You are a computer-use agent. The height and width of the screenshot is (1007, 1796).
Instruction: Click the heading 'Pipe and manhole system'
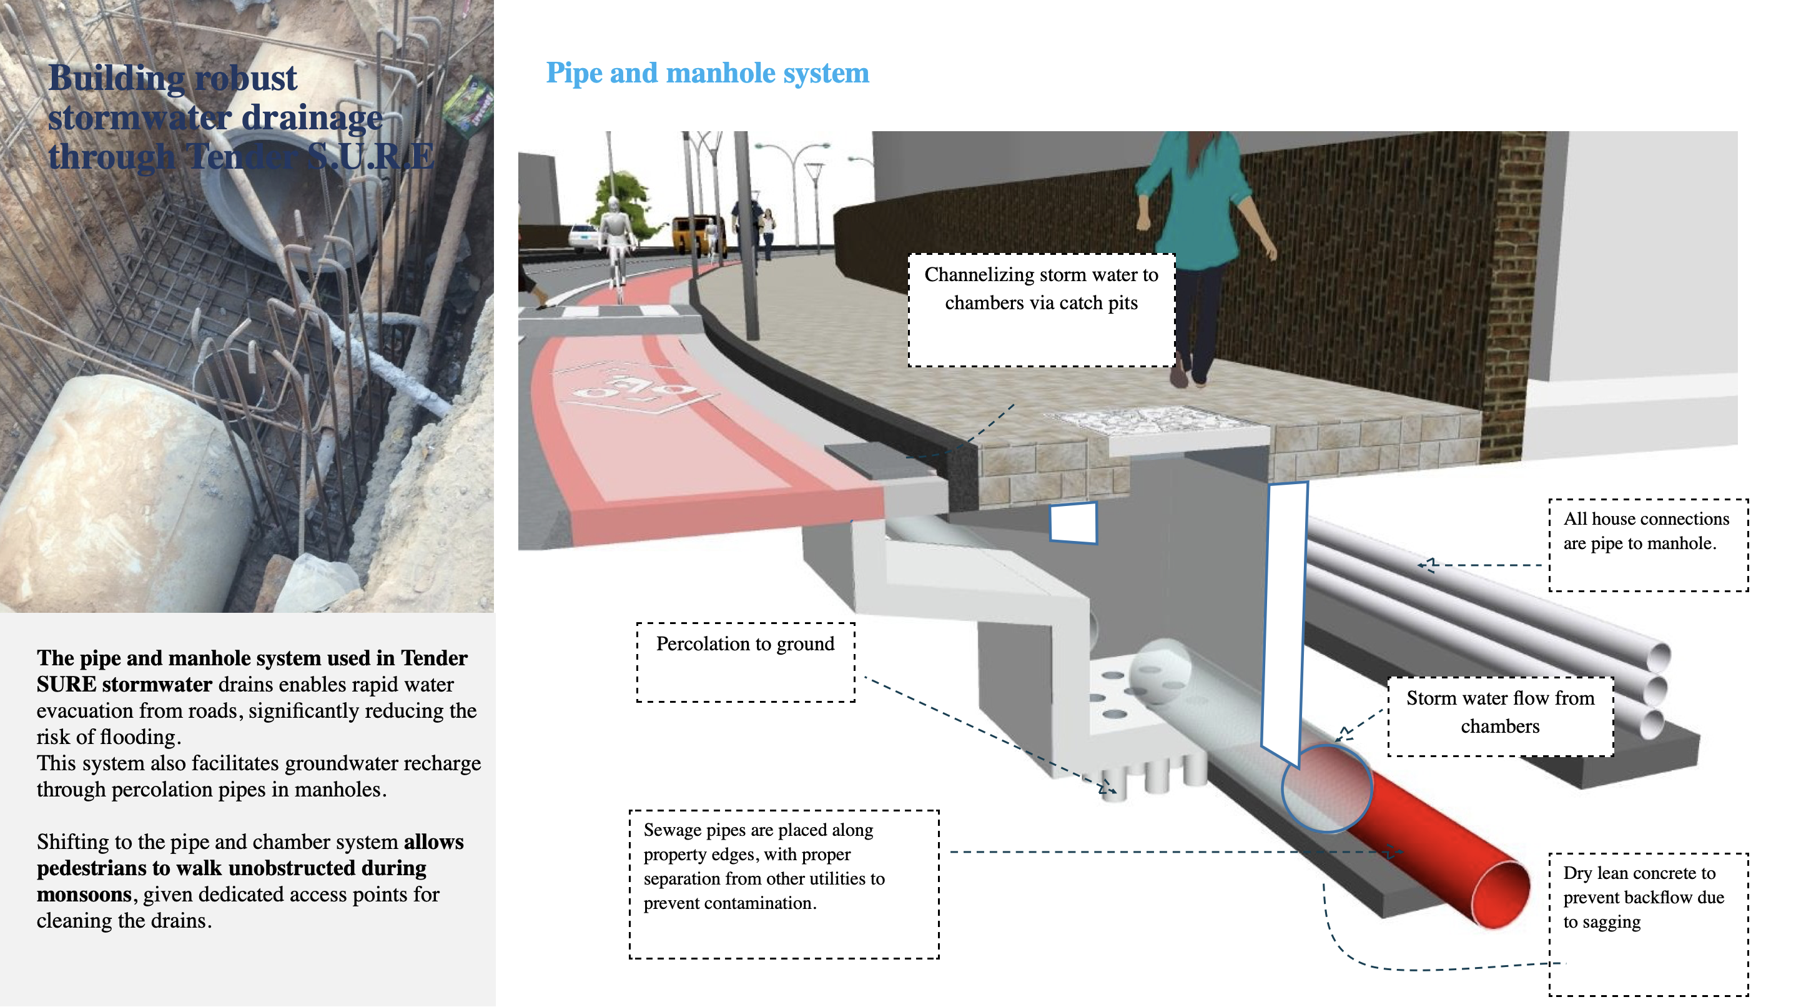point(707,73)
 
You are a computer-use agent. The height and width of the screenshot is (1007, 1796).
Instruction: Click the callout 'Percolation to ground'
point(744,645)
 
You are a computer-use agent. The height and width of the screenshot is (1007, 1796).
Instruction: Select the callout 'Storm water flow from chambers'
point(1500,712)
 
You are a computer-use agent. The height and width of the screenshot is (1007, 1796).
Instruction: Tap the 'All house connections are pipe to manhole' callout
point(1646,532)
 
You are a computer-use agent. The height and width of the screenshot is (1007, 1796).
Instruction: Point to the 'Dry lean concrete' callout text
point(1642,897)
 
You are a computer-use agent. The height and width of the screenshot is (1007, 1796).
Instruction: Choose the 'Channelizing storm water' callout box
point(1041,289)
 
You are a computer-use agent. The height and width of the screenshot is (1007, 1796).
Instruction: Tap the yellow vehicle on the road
point(694,234)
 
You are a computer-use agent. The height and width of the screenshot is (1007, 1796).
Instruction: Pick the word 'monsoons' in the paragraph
point(84,895)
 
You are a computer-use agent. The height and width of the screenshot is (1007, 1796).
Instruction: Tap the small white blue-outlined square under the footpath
point(1073,522)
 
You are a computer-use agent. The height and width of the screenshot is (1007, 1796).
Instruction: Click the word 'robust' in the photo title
point(245,78)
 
